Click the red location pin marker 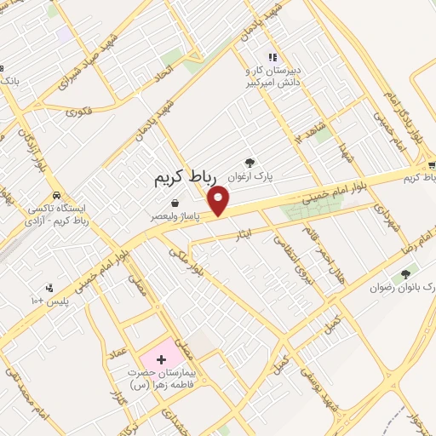pos(221,199)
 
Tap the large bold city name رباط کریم pos(186,177)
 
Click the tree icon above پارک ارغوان pos(250,161)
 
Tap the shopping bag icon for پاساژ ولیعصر pos(175,203)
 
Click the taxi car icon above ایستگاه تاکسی pos(57,193)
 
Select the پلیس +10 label pos(50,301)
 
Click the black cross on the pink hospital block pos(161,360)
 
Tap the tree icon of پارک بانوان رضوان pos(404,274)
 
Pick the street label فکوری pos(78,110)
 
